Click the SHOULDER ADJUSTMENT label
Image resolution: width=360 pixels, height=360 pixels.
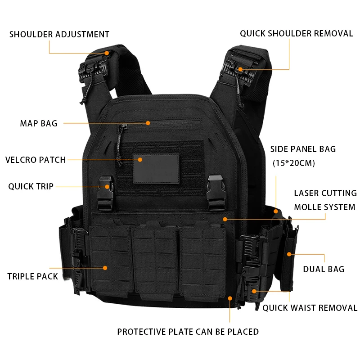(59, 34)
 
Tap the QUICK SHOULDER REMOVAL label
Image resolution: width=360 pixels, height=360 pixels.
(296, 33)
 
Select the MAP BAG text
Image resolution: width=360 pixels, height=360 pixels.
(39, 123)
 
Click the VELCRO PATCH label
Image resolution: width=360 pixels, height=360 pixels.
(36, 160)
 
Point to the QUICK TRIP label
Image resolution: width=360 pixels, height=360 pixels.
(31, 186)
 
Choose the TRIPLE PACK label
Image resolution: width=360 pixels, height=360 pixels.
(32, 276)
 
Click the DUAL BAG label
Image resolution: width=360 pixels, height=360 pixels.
(324, 269)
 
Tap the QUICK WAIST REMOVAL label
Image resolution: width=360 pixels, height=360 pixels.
(310, 308)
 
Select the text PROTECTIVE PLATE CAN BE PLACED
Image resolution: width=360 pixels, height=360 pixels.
(188, 332)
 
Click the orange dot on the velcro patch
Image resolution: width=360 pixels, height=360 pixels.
(140, 159)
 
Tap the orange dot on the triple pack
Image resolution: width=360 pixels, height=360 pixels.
(105, 268)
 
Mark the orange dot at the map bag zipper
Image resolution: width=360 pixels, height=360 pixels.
(148, 122)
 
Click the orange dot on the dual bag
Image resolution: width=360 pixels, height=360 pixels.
(289, 255)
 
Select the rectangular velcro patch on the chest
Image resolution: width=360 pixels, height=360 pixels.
(155, 169)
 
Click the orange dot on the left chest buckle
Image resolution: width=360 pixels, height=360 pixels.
(107, 186)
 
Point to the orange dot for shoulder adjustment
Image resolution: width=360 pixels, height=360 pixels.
(107, 53)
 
